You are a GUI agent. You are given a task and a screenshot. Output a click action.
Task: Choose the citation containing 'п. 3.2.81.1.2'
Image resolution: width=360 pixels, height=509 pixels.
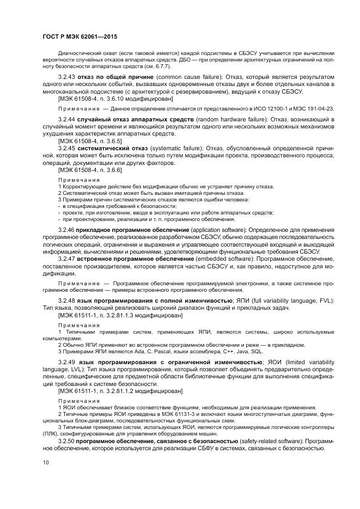tap(120, 390)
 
